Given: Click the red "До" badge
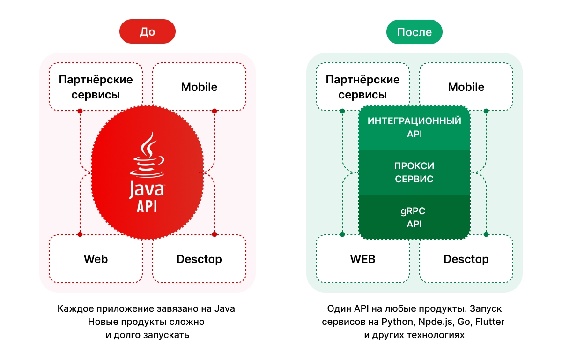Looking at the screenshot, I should pyautogui.click(x=147, y=32).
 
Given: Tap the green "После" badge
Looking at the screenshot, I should pyautogui.click(x=414, y=32).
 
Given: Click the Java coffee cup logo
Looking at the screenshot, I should pyautogui.click(x=148, y=155).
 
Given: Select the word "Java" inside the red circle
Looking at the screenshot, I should pyautogui.click(x=147, y=189).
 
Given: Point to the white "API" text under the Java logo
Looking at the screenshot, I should pyautogui.click(x=147, y=206).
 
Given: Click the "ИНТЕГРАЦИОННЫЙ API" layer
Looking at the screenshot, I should pyautogui.click(x=414, y=127).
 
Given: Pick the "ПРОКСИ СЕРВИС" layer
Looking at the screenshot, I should pyautogui.click(x=414, y=172).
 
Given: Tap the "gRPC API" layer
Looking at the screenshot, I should pyautogui.click(x=414, y=217).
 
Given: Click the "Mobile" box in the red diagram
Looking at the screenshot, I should pyautogui.click(x=199, y=87).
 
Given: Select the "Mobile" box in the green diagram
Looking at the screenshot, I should pyautogui.click(x=466, y=87).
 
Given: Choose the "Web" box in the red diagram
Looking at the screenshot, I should pyautogui.click(x=96, y=259).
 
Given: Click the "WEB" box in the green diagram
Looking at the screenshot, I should pyautogui.click(x=362, y=259).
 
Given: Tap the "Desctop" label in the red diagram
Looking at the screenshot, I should pyautogui.click(x=199, y=259).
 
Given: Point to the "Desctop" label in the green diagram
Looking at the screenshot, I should pyautogui.click(x=466, y=259).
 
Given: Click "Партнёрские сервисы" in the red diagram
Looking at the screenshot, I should pyautogui.click(x=96, y=87).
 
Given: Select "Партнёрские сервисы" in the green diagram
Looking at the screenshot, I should pyautogui.click(x=362, y=87).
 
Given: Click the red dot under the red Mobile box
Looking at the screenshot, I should pyautogui.click(x=214, y=111).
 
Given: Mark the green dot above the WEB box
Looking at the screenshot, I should pyautogui.click(x=342, y=234).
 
